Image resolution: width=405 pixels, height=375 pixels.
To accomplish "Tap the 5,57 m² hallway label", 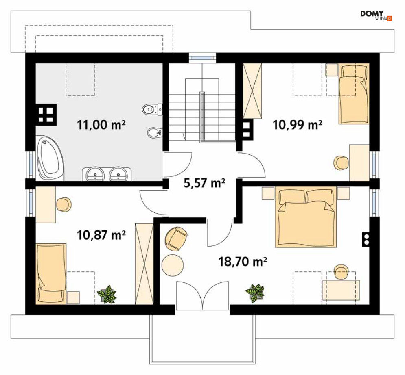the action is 204,182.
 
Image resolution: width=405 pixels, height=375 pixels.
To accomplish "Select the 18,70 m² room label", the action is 243,262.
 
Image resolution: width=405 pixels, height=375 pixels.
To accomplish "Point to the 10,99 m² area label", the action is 297,125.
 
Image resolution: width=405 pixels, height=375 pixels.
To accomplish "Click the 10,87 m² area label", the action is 101,235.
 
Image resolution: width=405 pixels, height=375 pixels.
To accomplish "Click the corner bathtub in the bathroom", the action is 50,158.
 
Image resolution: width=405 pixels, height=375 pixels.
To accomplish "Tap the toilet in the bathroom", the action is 152,110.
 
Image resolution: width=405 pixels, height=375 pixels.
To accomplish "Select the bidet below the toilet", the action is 155,133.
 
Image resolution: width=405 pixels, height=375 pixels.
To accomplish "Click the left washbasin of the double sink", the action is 95,174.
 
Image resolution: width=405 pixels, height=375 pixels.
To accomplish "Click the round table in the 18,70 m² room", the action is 173,265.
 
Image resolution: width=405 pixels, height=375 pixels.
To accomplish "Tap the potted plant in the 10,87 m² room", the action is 107,294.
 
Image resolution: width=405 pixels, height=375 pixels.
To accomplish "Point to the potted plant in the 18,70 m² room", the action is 255,293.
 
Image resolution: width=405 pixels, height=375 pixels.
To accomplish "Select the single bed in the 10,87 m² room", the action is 51,274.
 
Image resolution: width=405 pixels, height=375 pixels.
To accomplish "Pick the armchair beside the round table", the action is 176,238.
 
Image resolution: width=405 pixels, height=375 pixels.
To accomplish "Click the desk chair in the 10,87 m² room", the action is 63,205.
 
